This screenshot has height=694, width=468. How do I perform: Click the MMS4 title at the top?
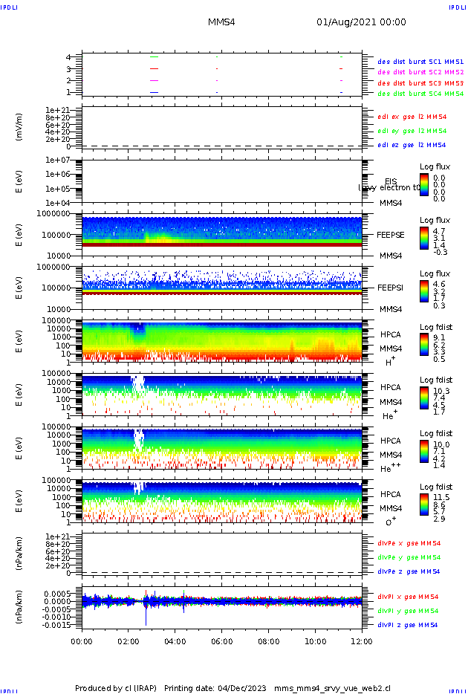click(x=221, y=22)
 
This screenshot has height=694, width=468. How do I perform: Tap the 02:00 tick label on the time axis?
click(x=129, y=640)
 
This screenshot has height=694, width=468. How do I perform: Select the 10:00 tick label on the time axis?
click(x=316, y=640)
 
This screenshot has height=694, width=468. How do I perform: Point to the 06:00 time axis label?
click(x=222, y=640)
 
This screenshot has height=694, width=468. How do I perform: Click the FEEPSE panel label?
click(x=391, y=234)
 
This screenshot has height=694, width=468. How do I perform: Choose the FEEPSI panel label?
click(x=391, y=288)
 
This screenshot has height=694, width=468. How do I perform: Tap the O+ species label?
click(x=390, y=521)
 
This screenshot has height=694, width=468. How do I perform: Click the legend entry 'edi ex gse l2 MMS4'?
click(x=412, y=117)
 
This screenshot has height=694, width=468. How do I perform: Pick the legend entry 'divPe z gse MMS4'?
click(x=409, y=571)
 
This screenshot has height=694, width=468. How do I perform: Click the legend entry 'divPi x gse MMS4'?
click(x=408, y=597)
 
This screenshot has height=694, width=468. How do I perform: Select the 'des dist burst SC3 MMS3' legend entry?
click(x=420, y=83)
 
